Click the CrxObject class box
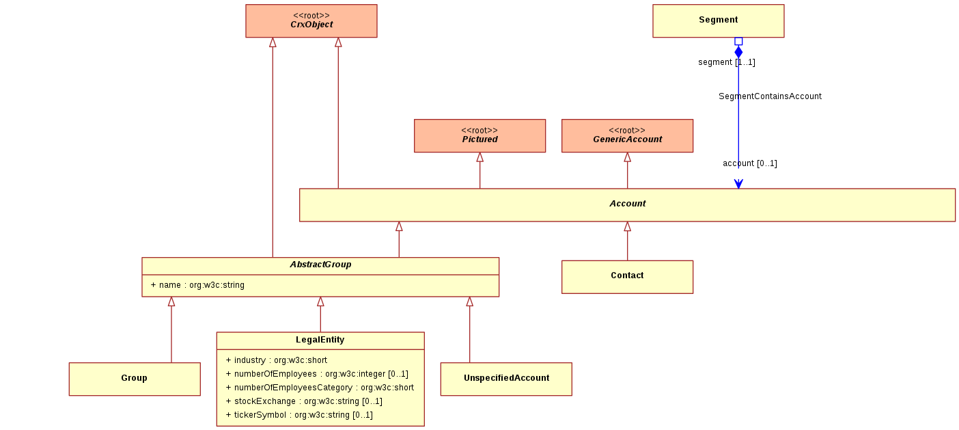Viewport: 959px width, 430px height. [x=311, y=21]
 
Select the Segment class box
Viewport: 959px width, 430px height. [x=719, y=21]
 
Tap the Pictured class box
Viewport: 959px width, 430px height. [x=480, y=136]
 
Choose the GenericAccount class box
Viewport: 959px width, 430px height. [x=627, y=136]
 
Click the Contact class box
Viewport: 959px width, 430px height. [x=627, y=277]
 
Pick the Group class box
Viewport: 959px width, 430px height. [x=135, y=379]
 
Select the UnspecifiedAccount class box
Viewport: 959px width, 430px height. [x=506, y=379]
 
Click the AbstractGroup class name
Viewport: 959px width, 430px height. [x=320, y=265]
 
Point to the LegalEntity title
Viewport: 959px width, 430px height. [x=320, y=340]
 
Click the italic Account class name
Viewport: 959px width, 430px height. [x=628, y=204]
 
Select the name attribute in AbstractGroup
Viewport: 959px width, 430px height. [x=197, y=285]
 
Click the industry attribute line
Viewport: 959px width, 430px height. [x=276, y=360]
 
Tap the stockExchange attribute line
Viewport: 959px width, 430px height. [x=304, y=401]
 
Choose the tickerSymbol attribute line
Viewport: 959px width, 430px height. [x=299, y=415]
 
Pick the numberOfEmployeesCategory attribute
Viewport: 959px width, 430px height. [x=320, y=388]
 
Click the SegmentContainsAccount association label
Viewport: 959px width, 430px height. [x=770, y=96]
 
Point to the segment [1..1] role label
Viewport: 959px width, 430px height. [x=727, y=62]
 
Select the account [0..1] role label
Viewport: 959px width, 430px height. [x=750, y=163]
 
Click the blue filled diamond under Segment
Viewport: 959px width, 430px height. [x=738, y=52]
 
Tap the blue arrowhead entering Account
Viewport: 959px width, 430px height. [x=738, y=184]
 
